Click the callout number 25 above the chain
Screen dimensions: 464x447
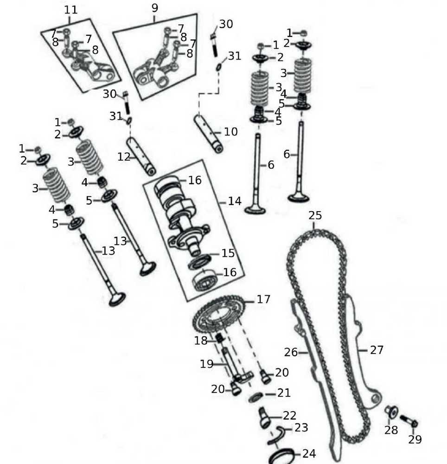(315, 215)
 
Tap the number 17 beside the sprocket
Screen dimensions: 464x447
(263, 299)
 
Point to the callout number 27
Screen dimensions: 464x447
(377, 350)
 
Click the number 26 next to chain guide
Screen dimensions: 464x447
(291, 352)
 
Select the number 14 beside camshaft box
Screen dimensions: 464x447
(235, 201)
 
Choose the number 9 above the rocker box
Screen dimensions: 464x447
(155, 8)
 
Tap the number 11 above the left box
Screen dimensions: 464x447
(70, 9)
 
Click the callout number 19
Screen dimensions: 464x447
(206, 364)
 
